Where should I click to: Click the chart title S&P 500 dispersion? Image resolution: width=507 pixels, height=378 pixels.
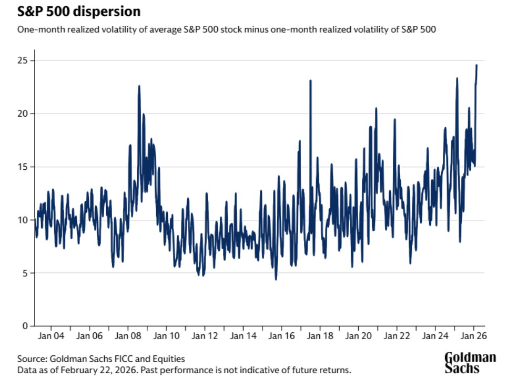point(78,12)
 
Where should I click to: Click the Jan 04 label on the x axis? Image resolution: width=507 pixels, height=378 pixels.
point(52,335)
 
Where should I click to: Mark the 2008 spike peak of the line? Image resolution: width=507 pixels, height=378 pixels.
point(139,86)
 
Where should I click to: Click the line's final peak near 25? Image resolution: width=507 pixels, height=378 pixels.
point(476,65)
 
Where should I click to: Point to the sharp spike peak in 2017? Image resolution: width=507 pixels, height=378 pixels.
point(310,80)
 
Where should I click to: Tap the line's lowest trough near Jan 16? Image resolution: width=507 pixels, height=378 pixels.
point(276,279)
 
